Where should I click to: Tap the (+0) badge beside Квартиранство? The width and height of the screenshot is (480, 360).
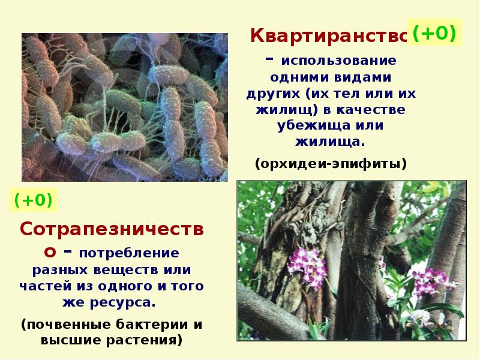click(434, 33)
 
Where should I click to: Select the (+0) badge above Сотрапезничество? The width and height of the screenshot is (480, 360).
click(33, 200)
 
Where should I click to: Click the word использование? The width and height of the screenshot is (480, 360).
click(337, 62)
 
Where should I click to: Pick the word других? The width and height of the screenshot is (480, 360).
click(272, 94)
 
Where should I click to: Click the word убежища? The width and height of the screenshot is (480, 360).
click(314, 127)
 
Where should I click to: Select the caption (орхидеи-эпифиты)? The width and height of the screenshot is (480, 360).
click(331, 163)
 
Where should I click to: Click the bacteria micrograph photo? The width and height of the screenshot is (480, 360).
click(125, 107)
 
